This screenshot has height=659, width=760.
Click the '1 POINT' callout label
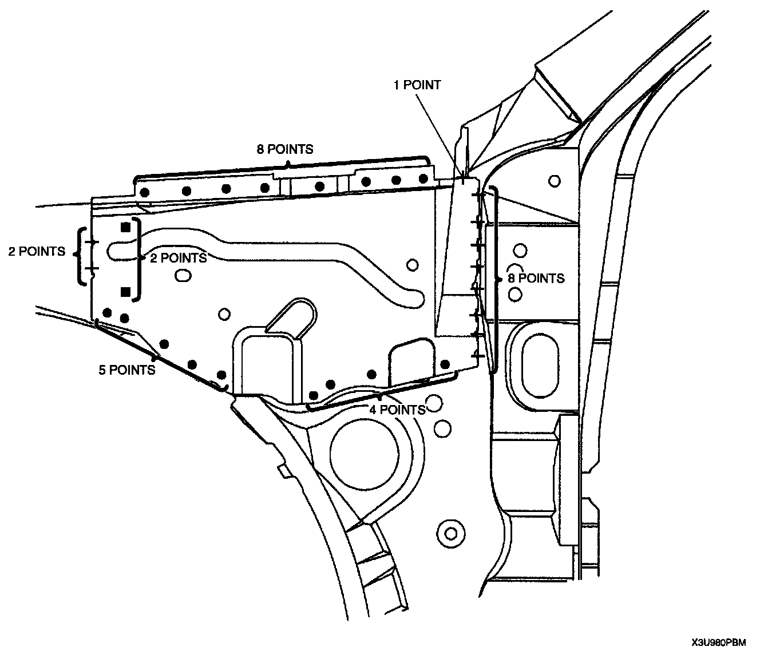[x=417, y=85]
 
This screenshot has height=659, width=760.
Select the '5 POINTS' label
[x=126, y=370]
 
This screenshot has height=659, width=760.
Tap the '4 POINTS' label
[x=397, y=410]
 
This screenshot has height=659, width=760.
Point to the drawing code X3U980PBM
[x=718, y=642]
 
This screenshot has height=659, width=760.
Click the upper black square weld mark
[x=126, y=227]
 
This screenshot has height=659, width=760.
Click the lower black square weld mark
[x=126, y=292]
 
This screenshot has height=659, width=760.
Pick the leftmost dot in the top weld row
[x=145, y=192]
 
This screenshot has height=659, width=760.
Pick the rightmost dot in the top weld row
[x=423, y=178]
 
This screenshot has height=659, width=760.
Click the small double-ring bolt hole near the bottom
[x=451, y=533]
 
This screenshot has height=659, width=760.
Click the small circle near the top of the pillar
[x=553, y=181]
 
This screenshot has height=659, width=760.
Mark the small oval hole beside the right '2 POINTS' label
[x=183, y=276]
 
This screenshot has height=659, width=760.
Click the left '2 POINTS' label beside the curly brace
[x=37, y=251]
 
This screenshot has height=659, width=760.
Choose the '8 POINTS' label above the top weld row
[x=284, y=150]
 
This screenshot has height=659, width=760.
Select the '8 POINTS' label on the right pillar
[x=536, y=279]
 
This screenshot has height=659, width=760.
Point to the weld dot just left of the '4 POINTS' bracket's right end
[x=445, y=364]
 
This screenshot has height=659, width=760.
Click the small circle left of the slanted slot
[x=224, y=314]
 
